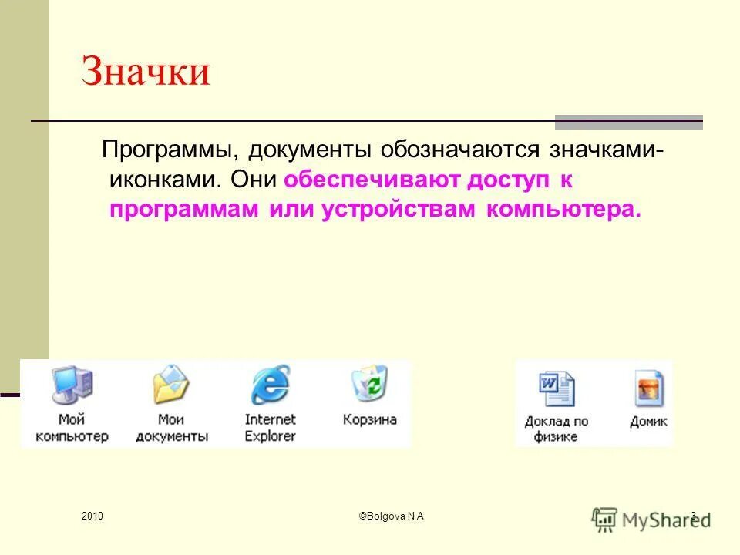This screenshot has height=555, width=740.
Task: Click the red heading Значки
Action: (x=146, y=71)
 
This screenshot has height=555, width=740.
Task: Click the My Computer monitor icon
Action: (x=72, y=385)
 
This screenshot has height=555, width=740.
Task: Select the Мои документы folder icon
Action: (x=171, y=384)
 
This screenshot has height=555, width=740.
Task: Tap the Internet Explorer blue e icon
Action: (x=271, y=384)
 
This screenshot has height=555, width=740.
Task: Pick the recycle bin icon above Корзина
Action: (x=370, y=383)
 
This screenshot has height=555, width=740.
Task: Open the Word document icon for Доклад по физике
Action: (x=557, y=388)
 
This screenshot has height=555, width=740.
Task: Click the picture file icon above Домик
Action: (x=649, y=388)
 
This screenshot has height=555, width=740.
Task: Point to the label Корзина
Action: (x=369, y=419)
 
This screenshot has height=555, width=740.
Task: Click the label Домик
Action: (x=648, y=421)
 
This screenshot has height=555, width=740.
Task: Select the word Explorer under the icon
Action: (x=270, y=436)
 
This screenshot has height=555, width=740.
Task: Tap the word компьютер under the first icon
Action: (x=72, y=436)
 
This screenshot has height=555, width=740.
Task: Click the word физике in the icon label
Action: (x=556, y=436)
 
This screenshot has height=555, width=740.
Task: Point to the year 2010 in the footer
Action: (x=92, y=516)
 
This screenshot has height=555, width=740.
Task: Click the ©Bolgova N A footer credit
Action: (x=392, y=516)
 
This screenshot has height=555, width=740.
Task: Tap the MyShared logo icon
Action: (x=604, y=520)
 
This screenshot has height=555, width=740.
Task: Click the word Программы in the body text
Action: (x=167, y=150)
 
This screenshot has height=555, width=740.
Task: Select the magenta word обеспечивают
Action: (x=372, y=180)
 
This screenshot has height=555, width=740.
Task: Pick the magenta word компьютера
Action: (x=564, y=209)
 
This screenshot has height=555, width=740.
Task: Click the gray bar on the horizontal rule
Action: (x=629, y=122)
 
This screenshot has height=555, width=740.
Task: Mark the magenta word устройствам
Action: (x=399, y=209)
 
